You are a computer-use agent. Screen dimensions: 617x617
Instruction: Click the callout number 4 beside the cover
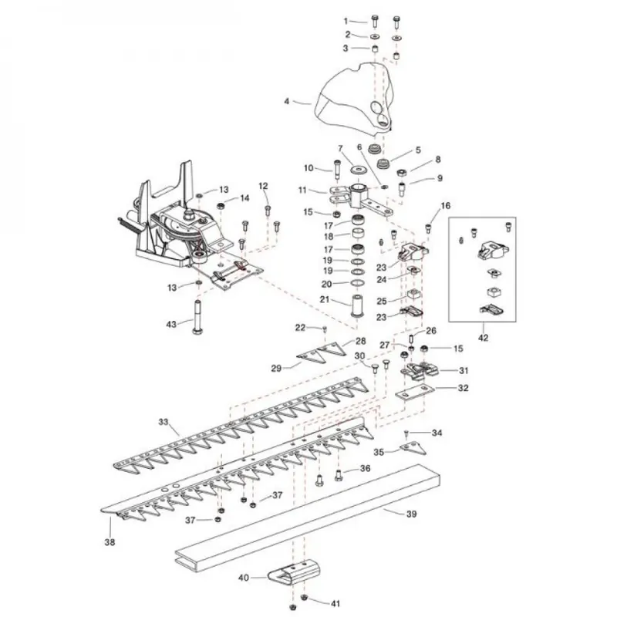tap(286, 102)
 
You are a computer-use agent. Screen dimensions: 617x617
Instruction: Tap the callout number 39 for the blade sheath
tap(411, 514)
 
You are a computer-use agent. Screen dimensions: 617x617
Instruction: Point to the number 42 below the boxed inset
tap(484, 338)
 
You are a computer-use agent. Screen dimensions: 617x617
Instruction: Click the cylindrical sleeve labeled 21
tap(357, 305)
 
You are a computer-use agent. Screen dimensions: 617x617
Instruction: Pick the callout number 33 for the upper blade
tap(164, 422)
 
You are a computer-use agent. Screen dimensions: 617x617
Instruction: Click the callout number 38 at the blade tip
tap(110, 542)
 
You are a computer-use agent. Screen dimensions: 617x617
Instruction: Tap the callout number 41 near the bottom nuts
tap(335, 604)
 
